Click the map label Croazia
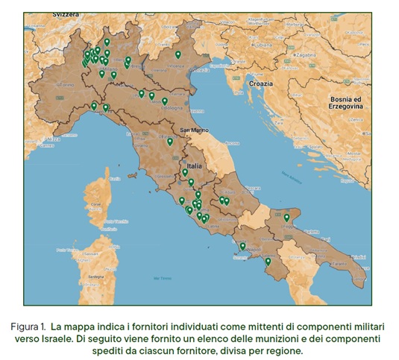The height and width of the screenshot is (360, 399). pos(260,83)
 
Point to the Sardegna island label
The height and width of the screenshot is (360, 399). pos(95,276)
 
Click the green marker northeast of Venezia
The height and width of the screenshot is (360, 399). pos(177,54)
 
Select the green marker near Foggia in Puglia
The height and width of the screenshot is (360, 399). pos(286,217)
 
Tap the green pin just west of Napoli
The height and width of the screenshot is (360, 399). pos(242,245)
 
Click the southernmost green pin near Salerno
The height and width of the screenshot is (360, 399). pos(268,261)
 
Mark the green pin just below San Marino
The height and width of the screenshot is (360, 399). pos(170,141)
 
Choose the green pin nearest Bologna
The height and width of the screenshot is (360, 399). pos(165,101)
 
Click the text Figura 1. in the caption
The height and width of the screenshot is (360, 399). pos(33,326)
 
